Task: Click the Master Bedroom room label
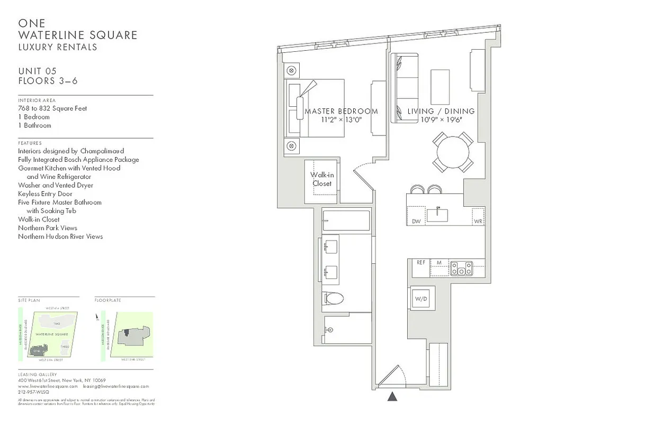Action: pos(341,112)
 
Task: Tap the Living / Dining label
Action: pos(441,112)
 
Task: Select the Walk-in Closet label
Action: pos(321,179)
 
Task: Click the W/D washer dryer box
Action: pos(421,299)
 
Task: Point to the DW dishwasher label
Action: pos(416,222)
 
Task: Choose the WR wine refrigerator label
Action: pos(478,222)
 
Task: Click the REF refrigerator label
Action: pos(421,262)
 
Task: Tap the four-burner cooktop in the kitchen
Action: pos(461,268)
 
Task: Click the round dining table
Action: pos(453,152)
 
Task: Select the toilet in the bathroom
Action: pos(334,298)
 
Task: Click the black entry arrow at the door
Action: pos(392,397)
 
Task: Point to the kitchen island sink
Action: pos(438,215)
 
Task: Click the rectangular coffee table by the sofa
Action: pos(440,87)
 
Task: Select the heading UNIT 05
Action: pos(37,71)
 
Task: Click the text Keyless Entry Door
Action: pos(45,194)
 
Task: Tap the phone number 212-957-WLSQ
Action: pos(33,392)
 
